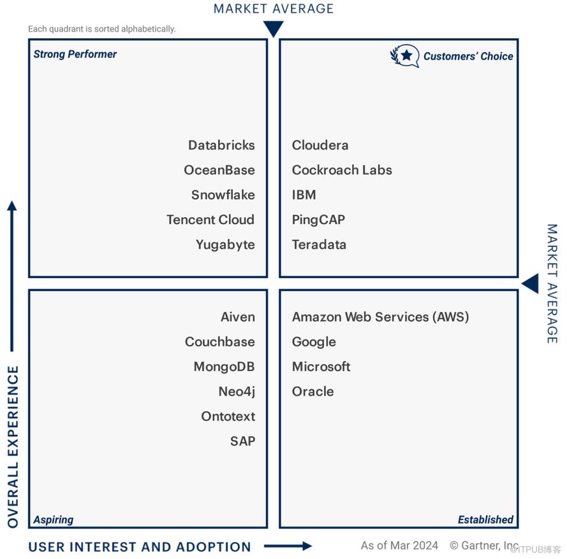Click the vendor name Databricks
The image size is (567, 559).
[221, 145]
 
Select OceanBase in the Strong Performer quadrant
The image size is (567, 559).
[219, 170]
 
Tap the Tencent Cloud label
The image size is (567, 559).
[210, 220]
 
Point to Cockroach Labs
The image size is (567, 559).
[342, 170]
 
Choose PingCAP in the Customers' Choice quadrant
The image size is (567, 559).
[318, 220]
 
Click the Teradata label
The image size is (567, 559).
[319, 244]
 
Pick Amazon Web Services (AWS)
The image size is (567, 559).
[380, 317]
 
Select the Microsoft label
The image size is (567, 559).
[321, 367]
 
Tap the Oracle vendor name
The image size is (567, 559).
[313, 392]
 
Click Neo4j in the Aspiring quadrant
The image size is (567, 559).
[237, 392]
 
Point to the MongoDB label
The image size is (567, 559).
[225, 367]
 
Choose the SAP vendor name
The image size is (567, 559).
[242, 441]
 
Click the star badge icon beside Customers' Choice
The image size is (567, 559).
[405, 55]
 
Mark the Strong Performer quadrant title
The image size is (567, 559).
[75, 54]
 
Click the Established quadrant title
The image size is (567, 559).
[485, 520]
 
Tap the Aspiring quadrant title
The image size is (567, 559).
[53, 520]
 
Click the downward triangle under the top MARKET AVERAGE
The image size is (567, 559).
[274, 29]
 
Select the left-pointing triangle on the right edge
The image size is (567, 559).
[530, 284]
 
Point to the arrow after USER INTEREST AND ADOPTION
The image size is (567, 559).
[288, 546]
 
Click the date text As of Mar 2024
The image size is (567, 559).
[399, 545]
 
